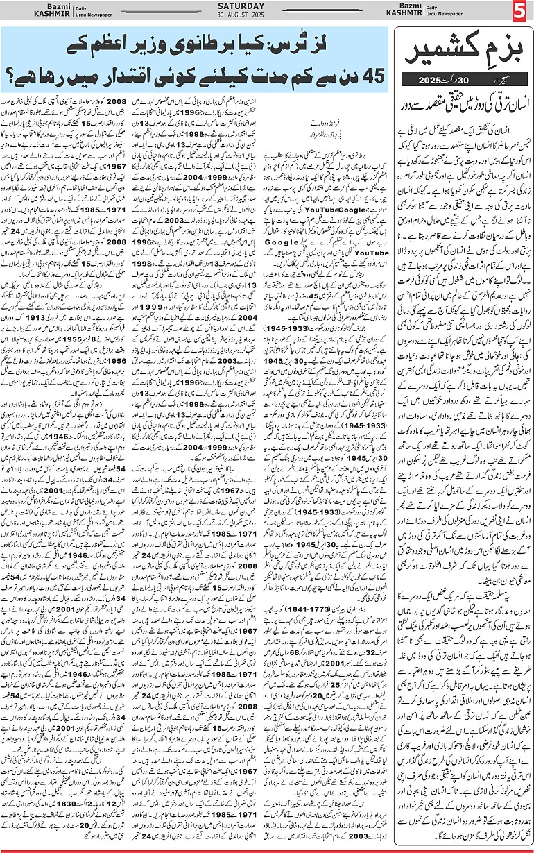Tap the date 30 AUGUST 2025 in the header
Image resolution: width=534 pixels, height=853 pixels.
click(x=266, y=17)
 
